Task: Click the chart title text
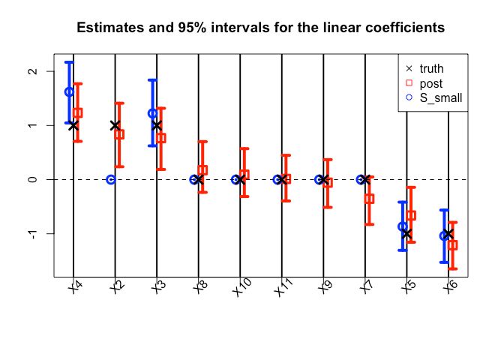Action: pyautogui.click(x=261, y=28)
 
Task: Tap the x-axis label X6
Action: pyautogui.click(x=450, y=288)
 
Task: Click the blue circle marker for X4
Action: pyautogui.click(x=69, y=92)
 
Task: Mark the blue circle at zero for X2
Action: pyautogui.click(x=111, y=180)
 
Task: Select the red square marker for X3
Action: pyautogui.click(x=161, y=138)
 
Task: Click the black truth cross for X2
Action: pyautogui.click(x=115, y=126)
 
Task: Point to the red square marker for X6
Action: pyautogui.click(x=452, y=245)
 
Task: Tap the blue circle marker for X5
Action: pyautogui.click(x=403, y=226)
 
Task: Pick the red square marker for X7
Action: pyautogui.click(x=369, y=199)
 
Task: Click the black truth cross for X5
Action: pyautogui.click(x=406, y=234)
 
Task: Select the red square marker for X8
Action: pyautogui.click(x=202, y=170)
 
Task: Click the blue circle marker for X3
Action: pyautogui.click(x=153, y=113)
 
